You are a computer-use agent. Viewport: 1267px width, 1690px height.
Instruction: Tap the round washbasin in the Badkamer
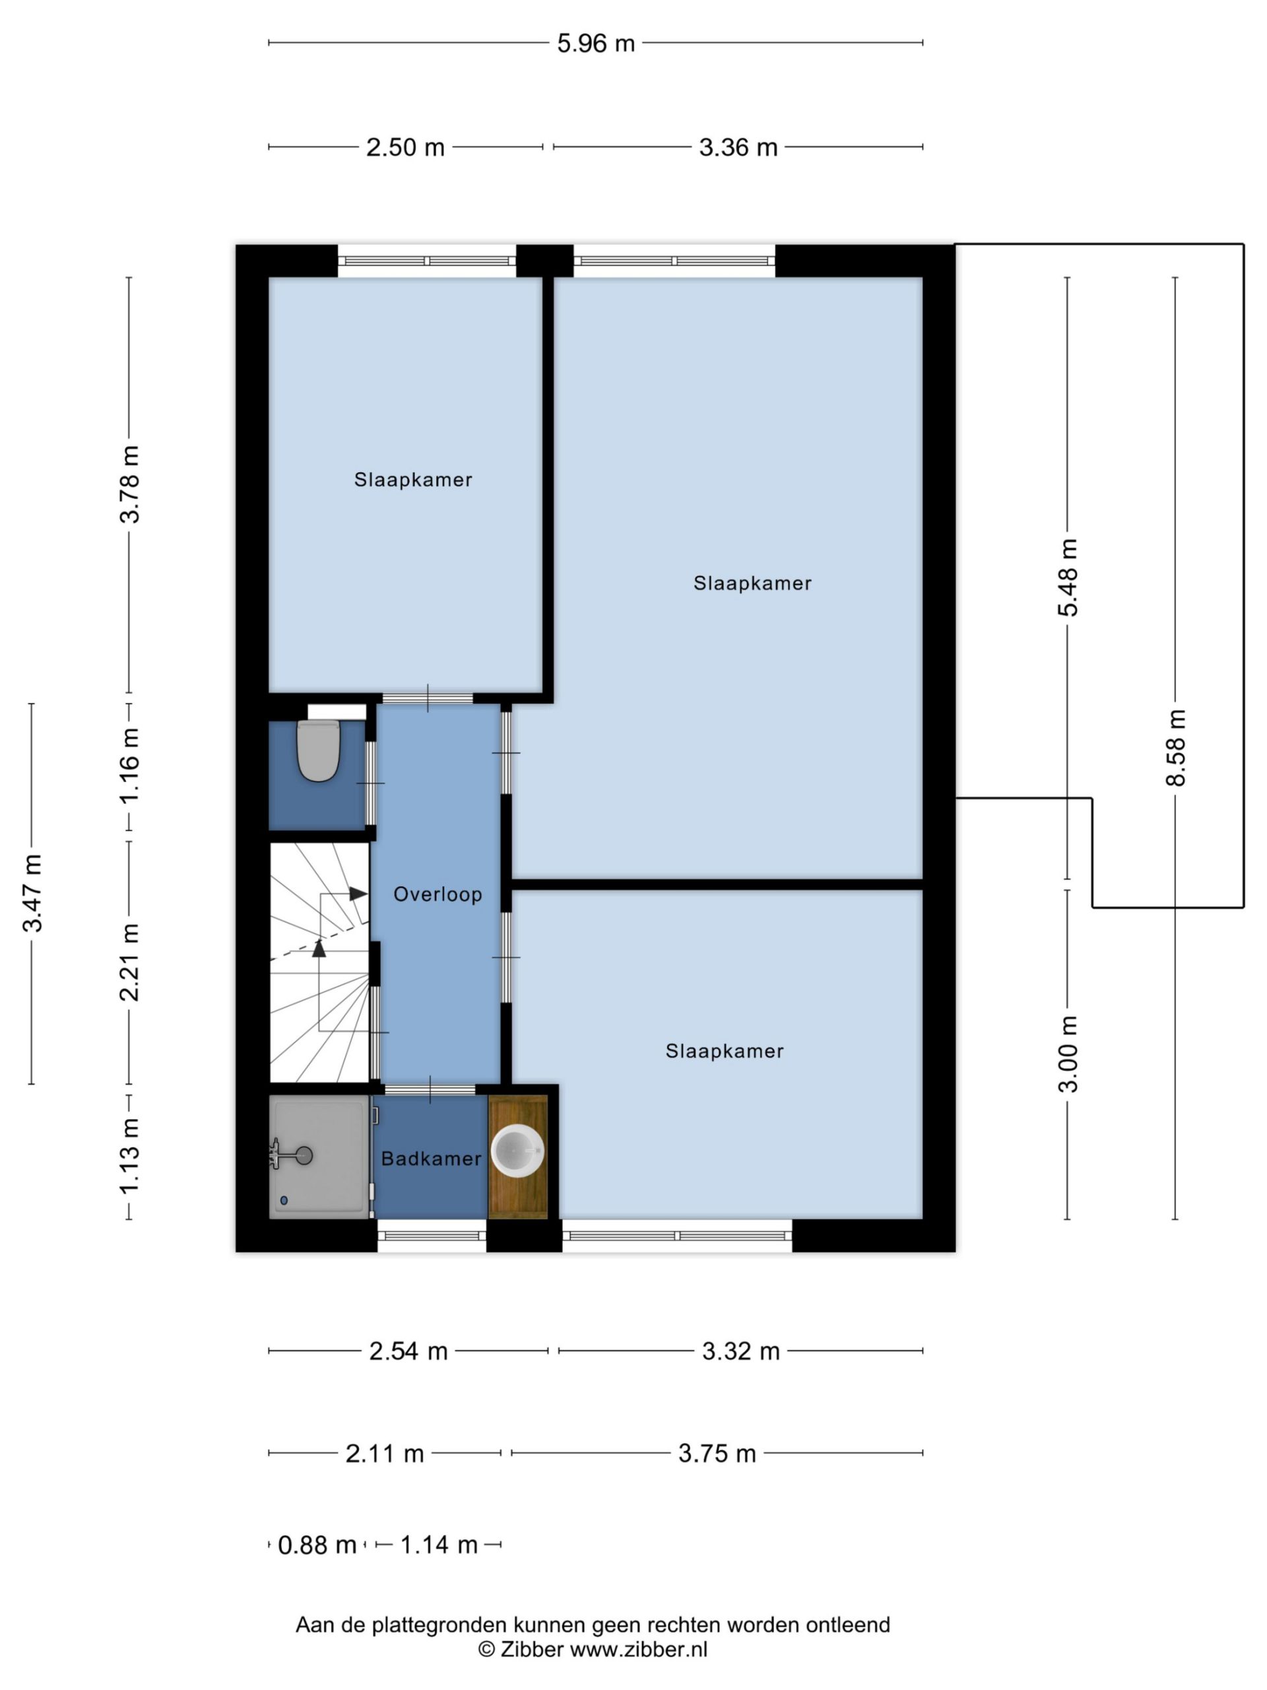coord(517,1150)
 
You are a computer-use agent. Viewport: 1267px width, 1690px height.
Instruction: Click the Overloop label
coord(438,894)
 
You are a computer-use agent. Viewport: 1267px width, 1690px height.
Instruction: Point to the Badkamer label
coord(431,1159)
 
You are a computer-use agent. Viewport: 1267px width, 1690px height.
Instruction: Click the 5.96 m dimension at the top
coord(596,44)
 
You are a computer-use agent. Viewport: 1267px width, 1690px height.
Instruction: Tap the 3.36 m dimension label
coord(738,147)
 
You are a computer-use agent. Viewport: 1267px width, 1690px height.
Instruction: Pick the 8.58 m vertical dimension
coord(1175,747)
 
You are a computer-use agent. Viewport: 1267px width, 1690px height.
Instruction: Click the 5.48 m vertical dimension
coord(1068,577)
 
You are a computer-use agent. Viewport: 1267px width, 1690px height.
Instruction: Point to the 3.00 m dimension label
coord(1068,1054)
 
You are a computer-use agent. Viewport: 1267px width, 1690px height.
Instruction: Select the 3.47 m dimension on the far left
coord(32,893)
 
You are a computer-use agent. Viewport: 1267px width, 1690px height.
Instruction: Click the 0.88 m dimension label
coord(317,1545)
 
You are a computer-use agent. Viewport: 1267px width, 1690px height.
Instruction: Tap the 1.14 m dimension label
coord(438,1545)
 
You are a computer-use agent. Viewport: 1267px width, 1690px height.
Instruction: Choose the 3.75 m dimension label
coord(717,1453)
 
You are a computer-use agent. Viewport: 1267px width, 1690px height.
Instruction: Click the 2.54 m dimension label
coord(408,1351)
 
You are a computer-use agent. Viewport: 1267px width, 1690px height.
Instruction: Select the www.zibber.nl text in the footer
coord(639,1650)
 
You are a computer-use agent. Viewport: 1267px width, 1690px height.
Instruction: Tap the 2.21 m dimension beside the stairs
coord(129,962)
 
